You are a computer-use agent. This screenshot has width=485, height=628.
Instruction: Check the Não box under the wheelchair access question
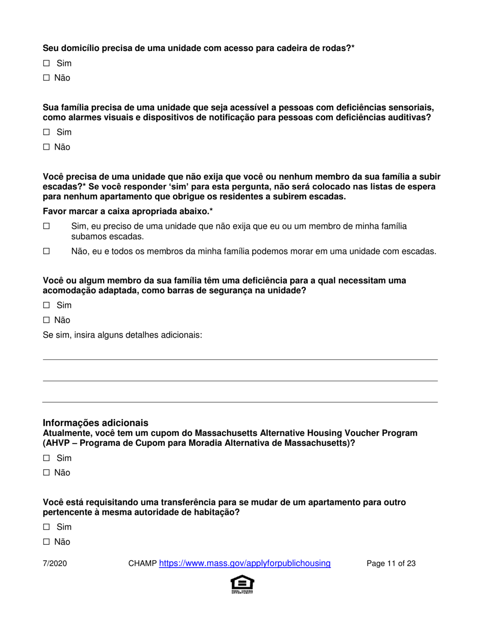coord(46,78)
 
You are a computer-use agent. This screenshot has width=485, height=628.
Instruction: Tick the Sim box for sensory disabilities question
coord(46,132)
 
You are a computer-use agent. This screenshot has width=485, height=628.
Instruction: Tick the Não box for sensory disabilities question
coord(46,147)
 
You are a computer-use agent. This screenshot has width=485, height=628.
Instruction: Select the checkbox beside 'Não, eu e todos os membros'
coord(46,251)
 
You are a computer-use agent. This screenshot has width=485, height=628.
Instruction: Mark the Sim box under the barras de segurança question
coord(46,305)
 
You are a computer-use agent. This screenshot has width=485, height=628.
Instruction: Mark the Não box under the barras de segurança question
coord(46,320)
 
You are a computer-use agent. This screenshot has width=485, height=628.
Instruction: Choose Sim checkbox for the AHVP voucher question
coord(46,458)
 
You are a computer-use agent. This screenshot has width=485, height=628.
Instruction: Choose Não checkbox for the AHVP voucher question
coord(46,473)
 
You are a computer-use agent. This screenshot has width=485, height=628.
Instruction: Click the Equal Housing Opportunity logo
coord(243,585)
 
